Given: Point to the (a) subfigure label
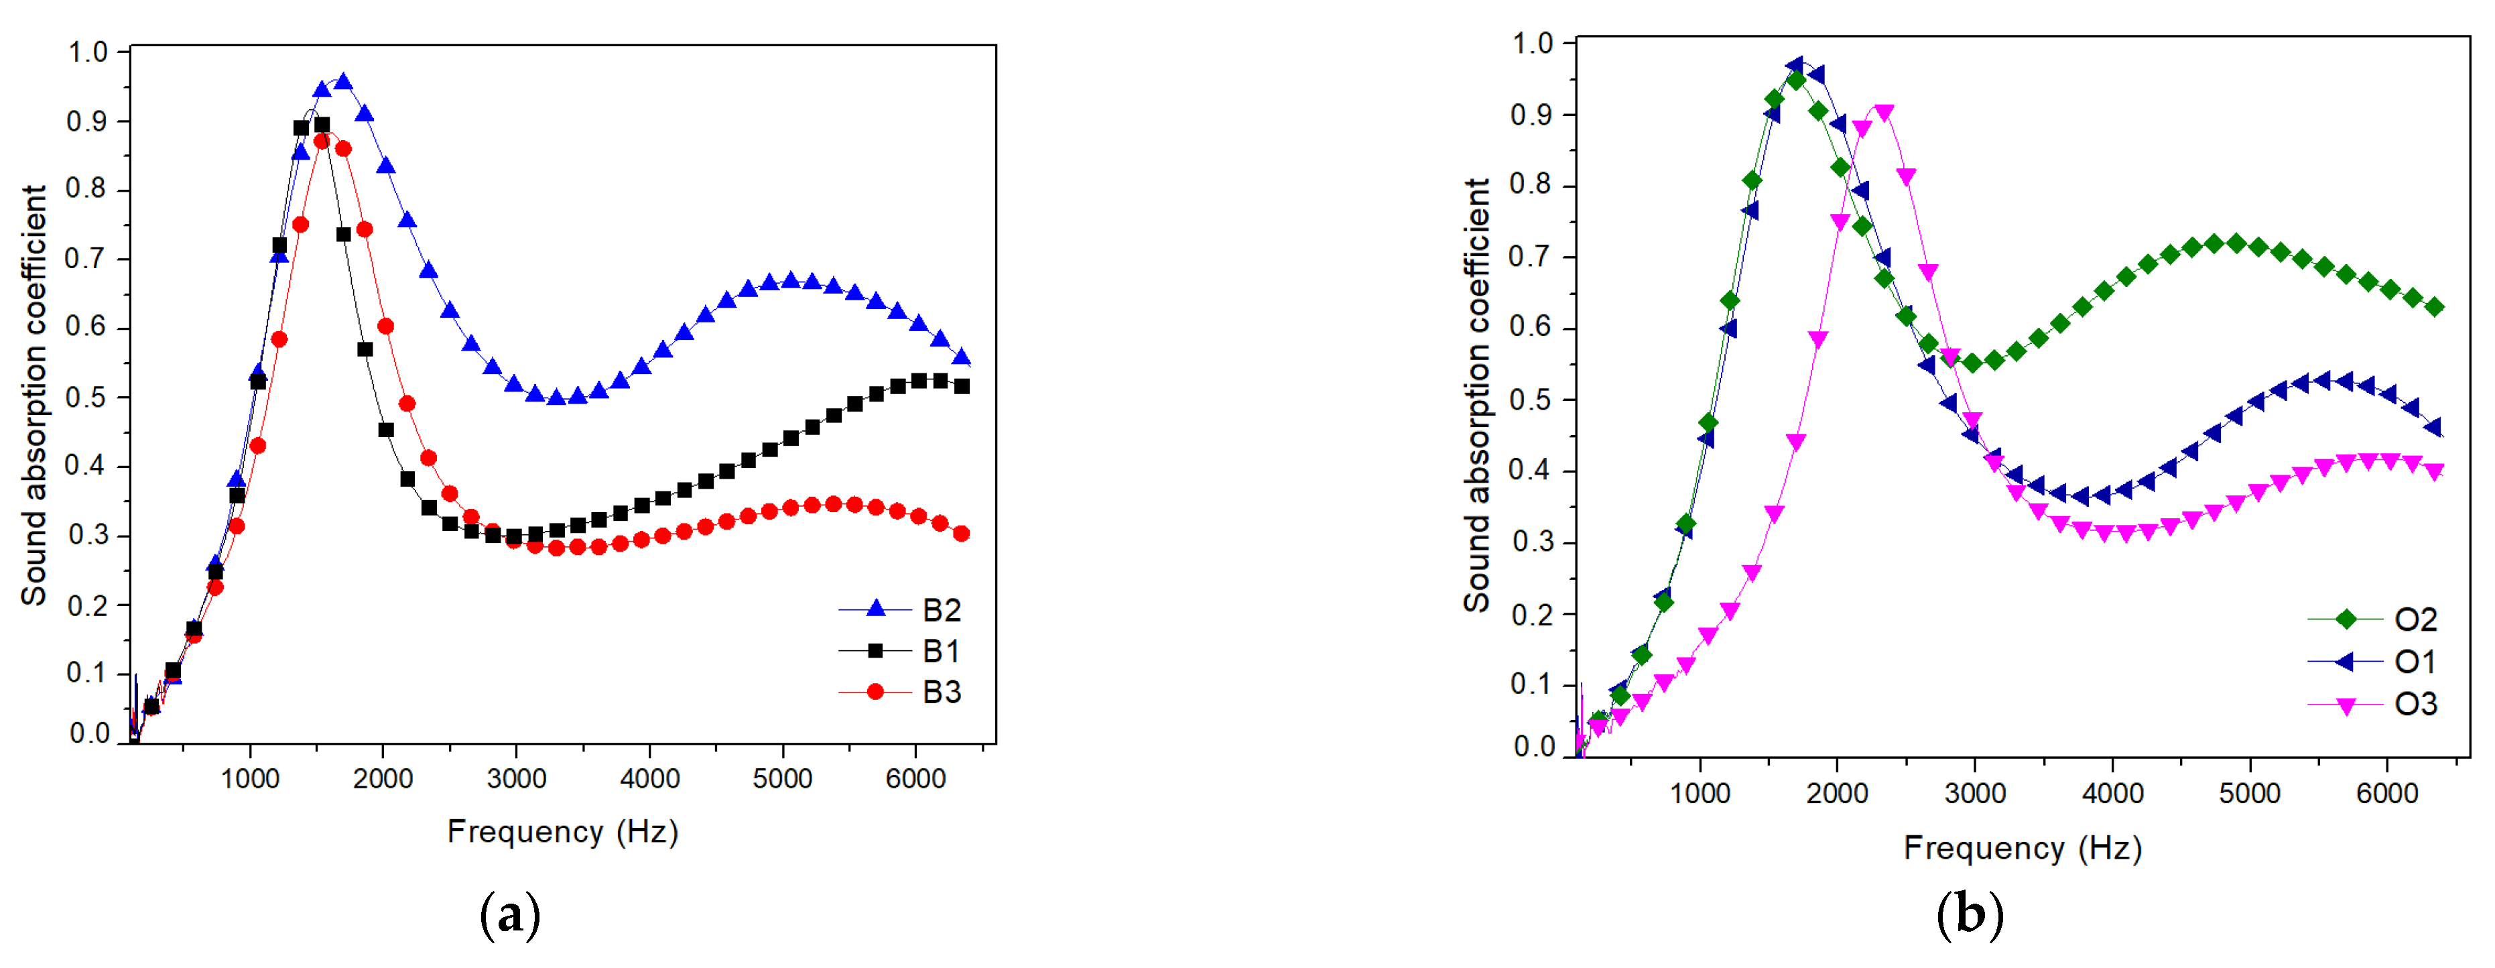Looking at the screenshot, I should tap(511, 915).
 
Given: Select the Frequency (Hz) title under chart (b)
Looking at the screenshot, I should tap(2023, 848).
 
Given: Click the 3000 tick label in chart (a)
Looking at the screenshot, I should tap(516, 778).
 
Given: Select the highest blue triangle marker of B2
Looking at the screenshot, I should tap(343, 81).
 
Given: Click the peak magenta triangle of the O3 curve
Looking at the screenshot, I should tap(1884, 113).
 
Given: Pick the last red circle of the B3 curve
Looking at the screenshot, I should tap(961, 534).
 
